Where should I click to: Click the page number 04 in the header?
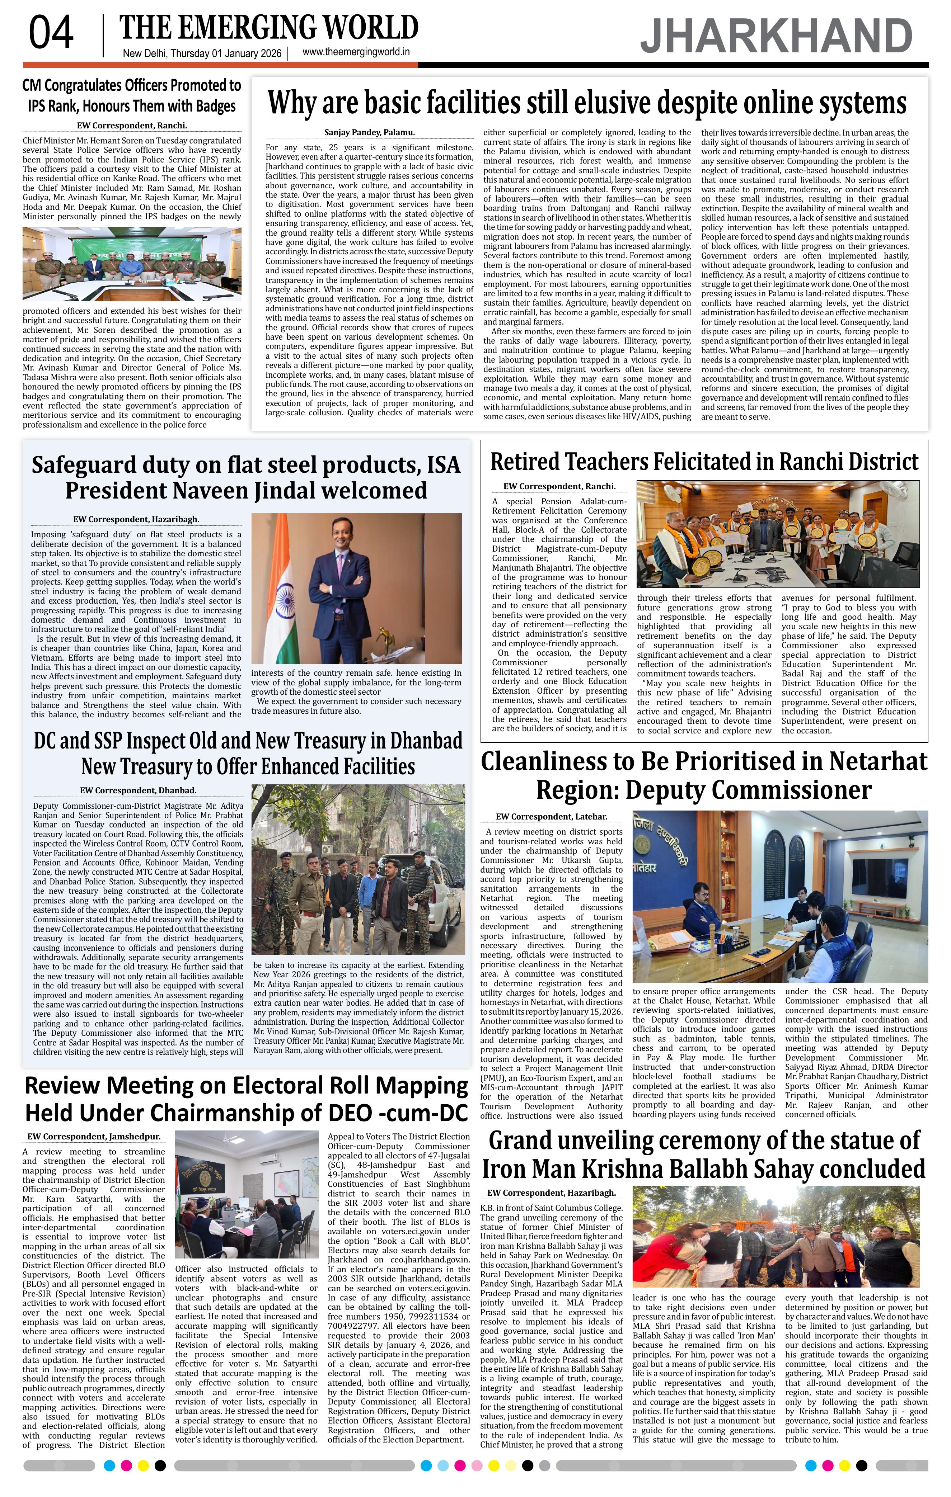click(x=51, y=34)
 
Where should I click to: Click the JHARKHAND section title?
click(x=776, y=37)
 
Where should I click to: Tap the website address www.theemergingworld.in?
click(x=356, y=53)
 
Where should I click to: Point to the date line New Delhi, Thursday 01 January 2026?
click(x=202, y=53)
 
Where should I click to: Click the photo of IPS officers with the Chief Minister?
click(x=132, y=264)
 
